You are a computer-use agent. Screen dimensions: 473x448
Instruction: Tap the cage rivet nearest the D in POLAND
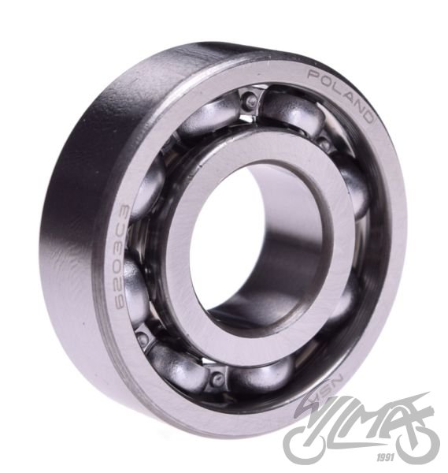point(324,143)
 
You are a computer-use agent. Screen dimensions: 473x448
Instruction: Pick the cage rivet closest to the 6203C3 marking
point(142,338)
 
